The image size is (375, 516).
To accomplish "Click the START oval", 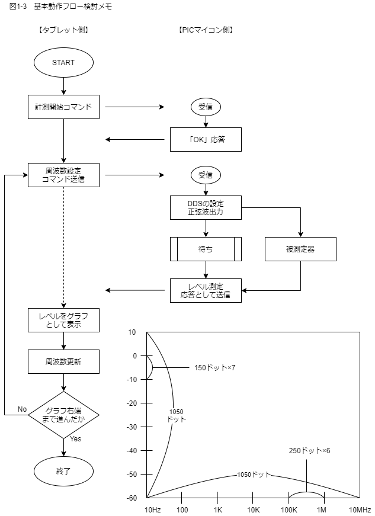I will pyautogui.click(x=63, y=62).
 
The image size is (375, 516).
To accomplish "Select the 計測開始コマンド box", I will pyautogui.click(x=63, y=107).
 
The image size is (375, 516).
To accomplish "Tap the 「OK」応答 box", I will pyautogui.click(x=206, y=140).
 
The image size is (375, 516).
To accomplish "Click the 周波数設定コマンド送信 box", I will pyautogui.click(x=63, y=175).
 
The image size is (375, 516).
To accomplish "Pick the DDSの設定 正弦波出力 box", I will pyautogui.click(x=206, y=207).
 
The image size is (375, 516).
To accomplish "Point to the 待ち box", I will pyautogui.click(x=206, y=249).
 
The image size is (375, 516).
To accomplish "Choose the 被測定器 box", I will pyautogui.click(x=300, y=249).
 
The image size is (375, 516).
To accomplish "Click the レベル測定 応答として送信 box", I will pyautogui.click(x=206, y=290).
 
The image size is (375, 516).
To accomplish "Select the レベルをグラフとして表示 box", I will pyautogui.click(x=63, y=320).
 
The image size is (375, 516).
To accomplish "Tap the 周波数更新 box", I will pyautogui.click(x=63, y=361).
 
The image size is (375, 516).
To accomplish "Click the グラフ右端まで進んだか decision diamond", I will pyautogui.click(x=63, y=415).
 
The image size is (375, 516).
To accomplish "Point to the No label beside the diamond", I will pyautogui.click(x=22, y=409).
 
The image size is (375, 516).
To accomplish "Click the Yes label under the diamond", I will pyautogui.click(x=76, y=439).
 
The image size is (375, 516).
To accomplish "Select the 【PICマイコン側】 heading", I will pyautogui.click(x=206, y=30).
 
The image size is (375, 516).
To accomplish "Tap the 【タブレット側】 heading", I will pyautogui.click(x=63, y=30).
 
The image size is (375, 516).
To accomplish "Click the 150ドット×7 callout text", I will pyautogui.click(x=215, y=368).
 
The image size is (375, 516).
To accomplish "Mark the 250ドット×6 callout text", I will pyautogui.click(x=309, y=450).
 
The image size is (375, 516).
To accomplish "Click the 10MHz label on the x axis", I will pyautogui.click(x=360, y=509).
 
